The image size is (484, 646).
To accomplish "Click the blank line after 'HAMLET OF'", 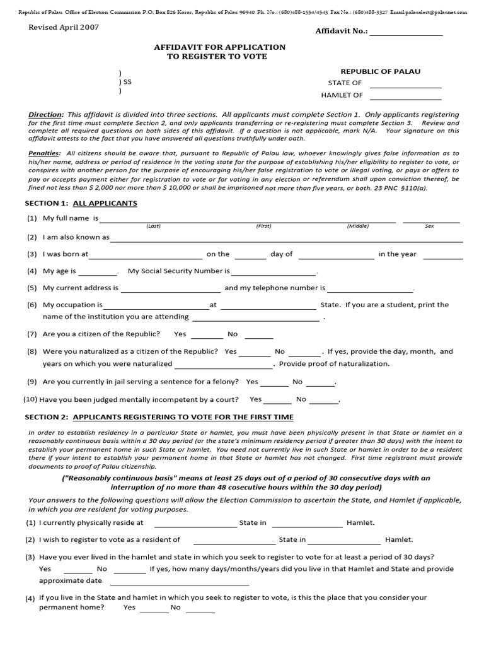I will click(x=405, y=98).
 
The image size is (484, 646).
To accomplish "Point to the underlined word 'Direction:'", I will click(x=46, y=115).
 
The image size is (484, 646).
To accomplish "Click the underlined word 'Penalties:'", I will click(x=45, y=153).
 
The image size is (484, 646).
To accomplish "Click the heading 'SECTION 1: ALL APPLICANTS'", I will click(x=81, y=203).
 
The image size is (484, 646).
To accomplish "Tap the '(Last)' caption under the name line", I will click(x=153, y=225).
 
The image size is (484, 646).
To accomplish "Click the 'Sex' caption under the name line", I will click(x=429, y=225).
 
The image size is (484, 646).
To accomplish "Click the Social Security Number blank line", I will click(x=273, y=273).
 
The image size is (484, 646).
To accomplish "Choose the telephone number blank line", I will click(x=369, y=290).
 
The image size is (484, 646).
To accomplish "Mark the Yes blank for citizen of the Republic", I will click(x=207, y=337).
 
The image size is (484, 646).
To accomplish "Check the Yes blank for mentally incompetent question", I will click(x=278, y=402).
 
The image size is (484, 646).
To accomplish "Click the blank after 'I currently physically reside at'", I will click(x=195, y=525).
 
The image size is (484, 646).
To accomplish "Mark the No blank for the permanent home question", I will click(x=200, y=610).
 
